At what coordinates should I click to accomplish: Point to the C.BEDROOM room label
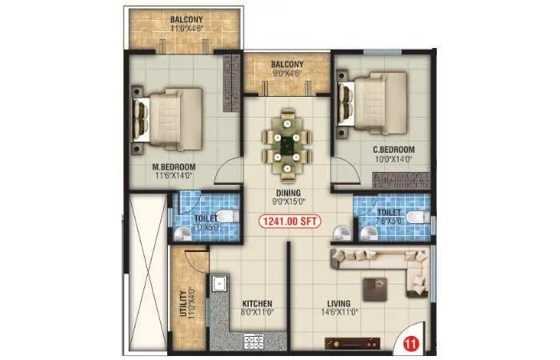(x=394, y=150)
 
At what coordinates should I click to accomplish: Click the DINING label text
(x=287, y=193)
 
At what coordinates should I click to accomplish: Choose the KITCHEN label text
(x=256, y=304)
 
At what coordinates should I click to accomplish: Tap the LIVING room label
(x=342, y=303)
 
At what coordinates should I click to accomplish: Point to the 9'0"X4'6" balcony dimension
(x=286, y=74)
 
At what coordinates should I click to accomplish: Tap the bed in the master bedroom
(x=169, y=119)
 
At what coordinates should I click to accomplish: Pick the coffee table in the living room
(x=374, y=286)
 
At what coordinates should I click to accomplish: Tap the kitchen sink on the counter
(x=218, y=283)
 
